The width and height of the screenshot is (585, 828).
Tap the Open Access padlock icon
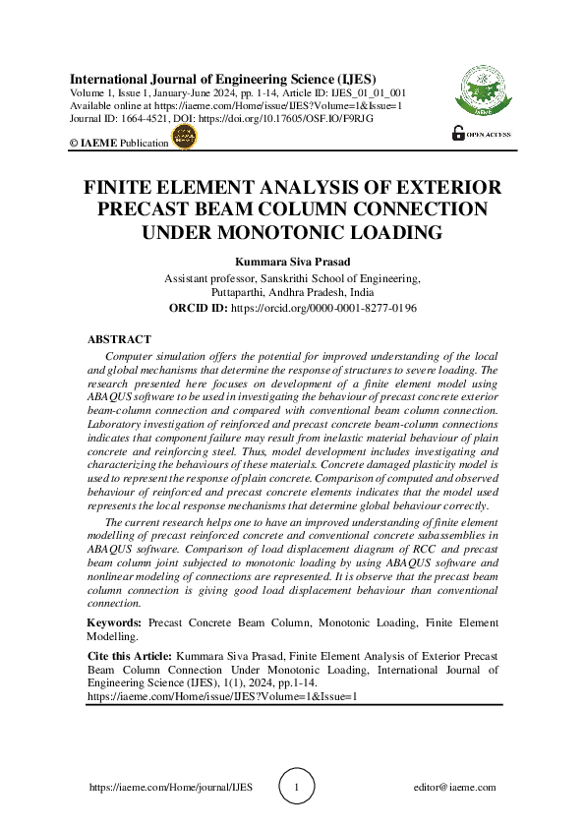click(x=458, y=134)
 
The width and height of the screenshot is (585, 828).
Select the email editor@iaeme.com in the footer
click(x=455, y=788)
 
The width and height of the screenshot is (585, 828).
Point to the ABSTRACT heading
click(x=119, y=339)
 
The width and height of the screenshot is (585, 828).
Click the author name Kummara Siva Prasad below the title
click(x=292, y=263)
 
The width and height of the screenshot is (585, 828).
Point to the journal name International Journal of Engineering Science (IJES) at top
click(x=222, y=78)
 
